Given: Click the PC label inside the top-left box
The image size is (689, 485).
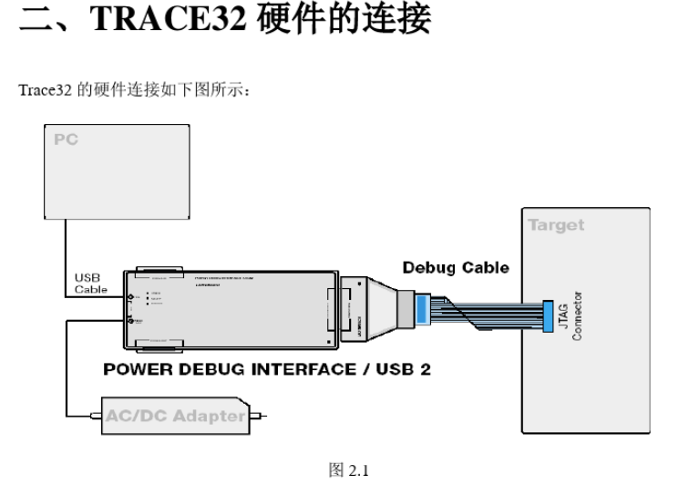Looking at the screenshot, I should coord(65,139).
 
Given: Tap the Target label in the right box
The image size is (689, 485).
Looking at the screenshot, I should coord(556,226).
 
